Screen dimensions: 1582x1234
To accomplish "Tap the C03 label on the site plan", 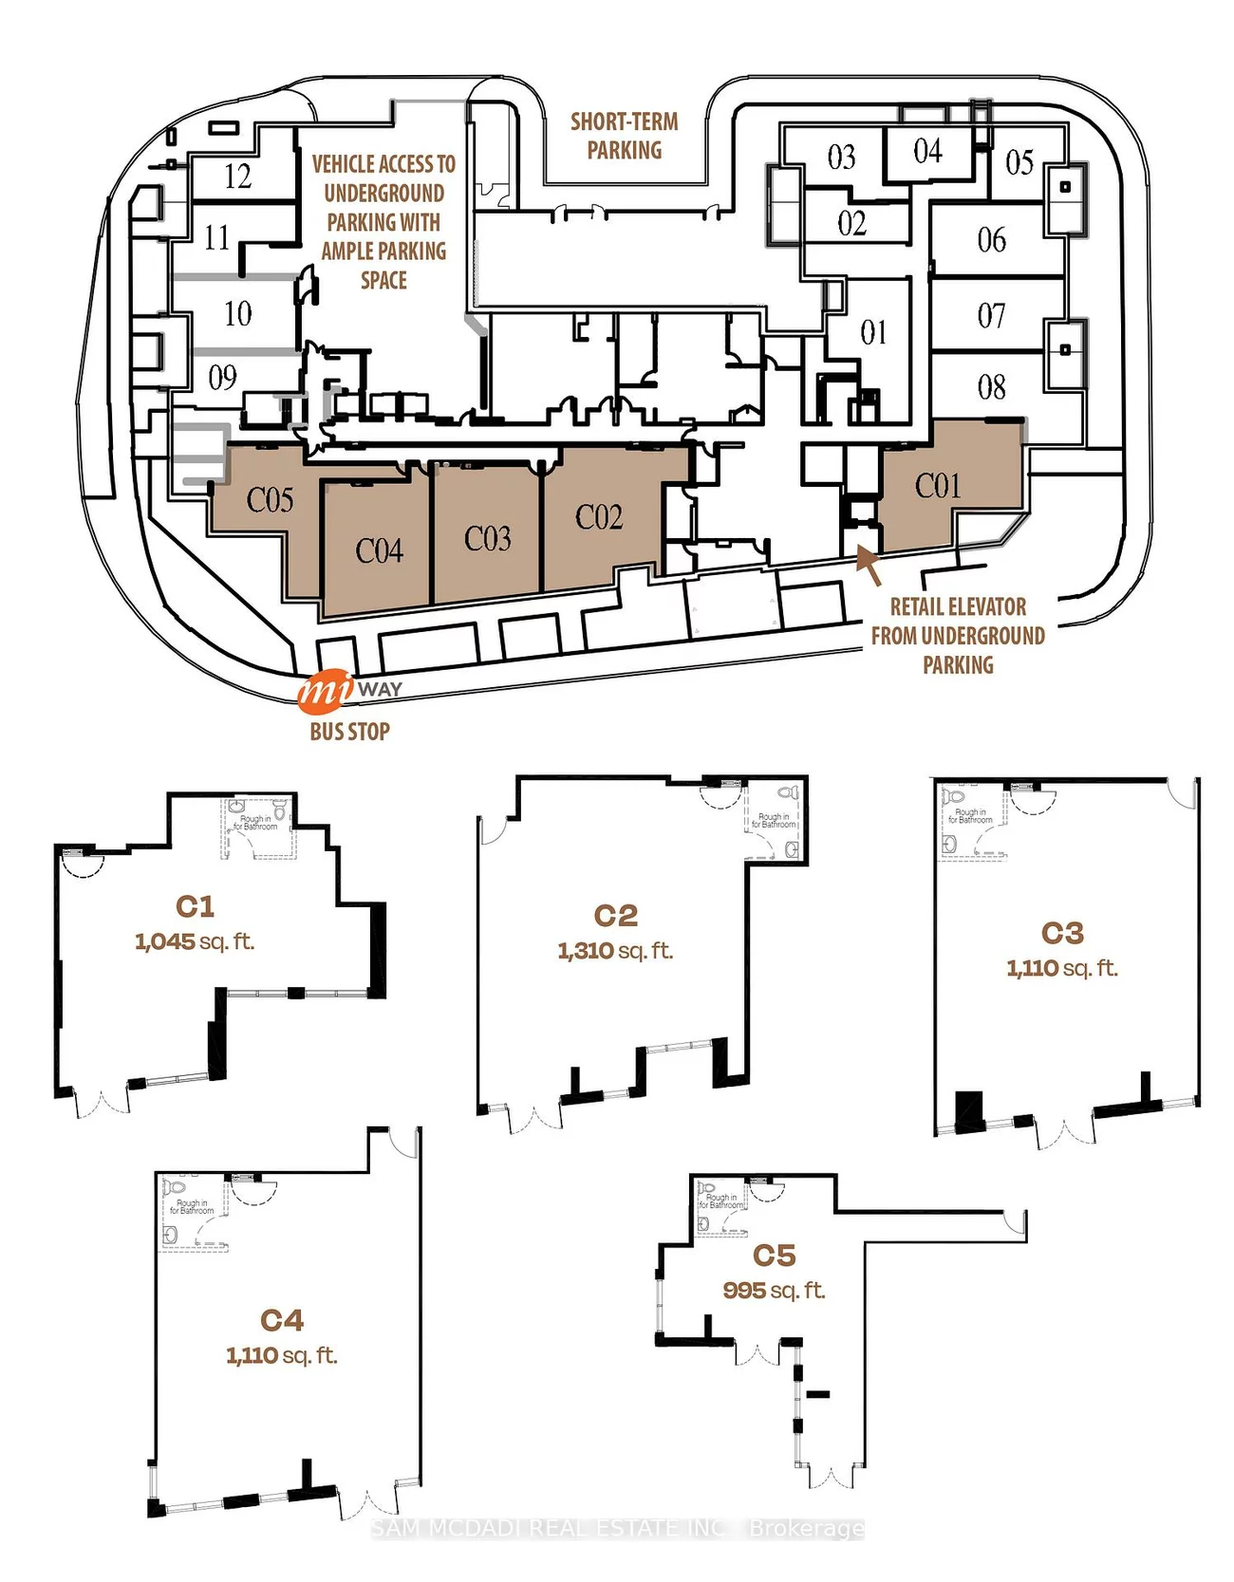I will (x=488, y=538).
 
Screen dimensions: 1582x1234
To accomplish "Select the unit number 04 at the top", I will (x=927, y=151).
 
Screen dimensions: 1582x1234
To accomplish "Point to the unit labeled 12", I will (x=237, y=177).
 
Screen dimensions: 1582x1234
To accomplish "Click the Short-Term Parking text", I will (x=624, y=136).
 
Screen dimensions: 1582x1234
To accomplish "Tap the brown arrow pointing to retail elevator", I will (x=869, y=564).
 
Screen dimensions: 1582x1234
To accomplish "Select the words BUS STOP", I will (x=349, y=731).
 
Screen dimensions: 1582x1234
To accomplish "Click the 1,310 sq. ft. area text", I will (x=615, y=950).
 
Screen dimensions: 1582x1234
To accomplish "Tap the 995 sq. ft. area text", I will (x=774, y=1290).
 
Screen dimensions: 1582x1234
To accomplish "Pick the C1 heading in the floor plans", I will (x=195, y=906).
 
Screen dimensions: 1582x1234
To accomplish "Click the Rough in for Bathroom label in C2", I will (x=774, y=820).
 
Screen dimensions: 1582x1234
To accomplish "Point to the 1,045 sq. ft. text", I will (x=195, y=941).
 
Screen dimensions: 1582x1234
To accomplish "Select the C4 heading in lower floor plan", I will (x=282, y=1320).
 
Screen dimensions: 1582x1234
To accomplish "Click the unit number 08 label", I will (x=991, y=386).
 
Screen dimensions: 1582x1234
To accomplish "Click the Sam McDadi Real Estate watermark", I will (x=617, y=1528).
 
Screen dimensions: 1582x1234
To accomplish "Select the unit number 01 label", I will (x=873, y=332).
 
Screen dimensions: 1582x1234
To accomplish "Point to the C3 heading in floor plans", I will (x=1062, y=933).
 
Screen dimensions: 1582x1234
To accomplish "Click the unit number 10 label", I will (x=237, y=313).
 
